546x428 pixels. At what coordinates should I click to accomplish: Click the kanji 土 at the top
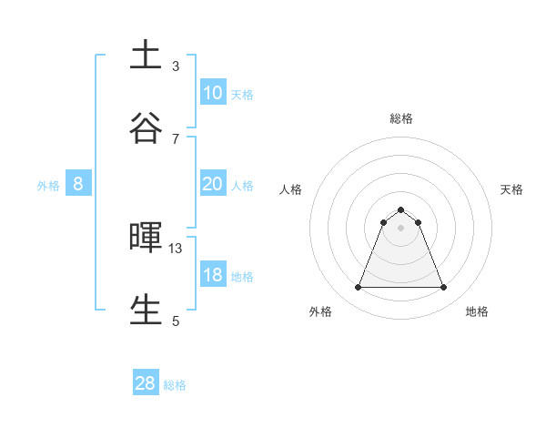[146, 56]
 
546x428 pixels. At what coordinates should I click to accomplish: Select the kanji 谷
[146, 128]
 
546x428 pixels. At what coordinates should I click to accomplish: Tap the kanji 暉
[146, 238]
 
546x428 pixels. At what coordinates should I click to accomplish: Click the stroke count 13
[176, 248]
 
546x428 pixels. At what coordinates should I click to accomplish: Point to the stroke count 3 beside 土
[176, 66]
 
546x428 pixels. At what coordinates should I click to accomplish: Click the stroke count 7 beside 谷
[176, 138]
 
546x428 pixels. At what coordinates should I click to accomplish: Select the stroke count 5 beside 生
[176, 321]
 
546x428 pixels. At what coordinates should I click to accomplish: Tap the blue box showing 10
[212, 93]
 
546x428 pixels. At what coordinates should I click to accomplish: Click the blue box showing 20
[212, 184]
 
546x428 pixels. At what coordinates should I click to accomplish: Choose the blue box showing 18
[212, 275]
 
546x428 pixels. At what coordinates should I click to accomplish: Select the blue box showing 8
[78, 184]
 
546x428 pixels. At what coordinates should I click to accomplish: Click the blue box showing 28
[146, 383]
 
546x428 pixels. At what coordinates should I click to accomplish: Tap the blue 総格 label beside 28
[175, 385]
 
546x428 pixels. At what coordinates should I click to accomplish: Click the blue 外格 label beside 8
[48, 186]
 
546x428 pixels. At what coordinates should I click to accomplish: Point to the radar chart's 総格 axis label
[401, 118]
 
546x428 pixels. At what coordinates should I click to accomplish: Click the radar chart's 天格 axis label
[512, 189]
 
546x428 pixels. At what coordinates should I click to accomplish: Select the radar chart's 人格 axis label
[290, 189]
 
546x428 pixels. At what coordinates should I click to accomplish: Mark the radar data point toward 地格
[444, 288]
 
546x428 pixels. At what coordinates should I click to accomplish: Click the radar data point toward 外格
[358, 288]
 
